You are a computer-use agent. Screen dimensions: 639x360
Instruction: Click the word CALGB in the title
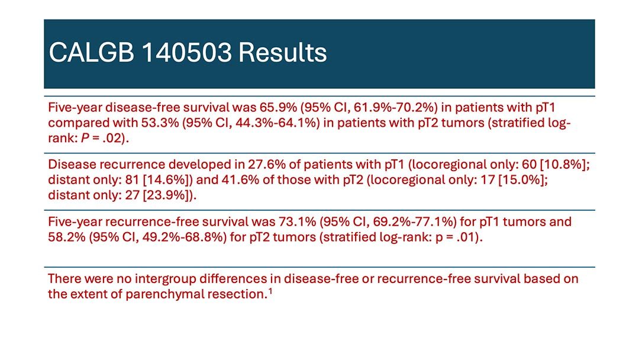point(91,53)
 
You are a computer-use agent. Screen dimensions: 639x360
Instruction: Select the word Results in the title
point(282,53)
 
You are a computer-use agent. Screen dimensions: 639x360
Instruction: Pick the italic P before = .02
point(85,139)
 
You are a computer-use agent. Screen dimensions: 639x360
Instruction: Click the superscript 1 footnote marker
point(270,291)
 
